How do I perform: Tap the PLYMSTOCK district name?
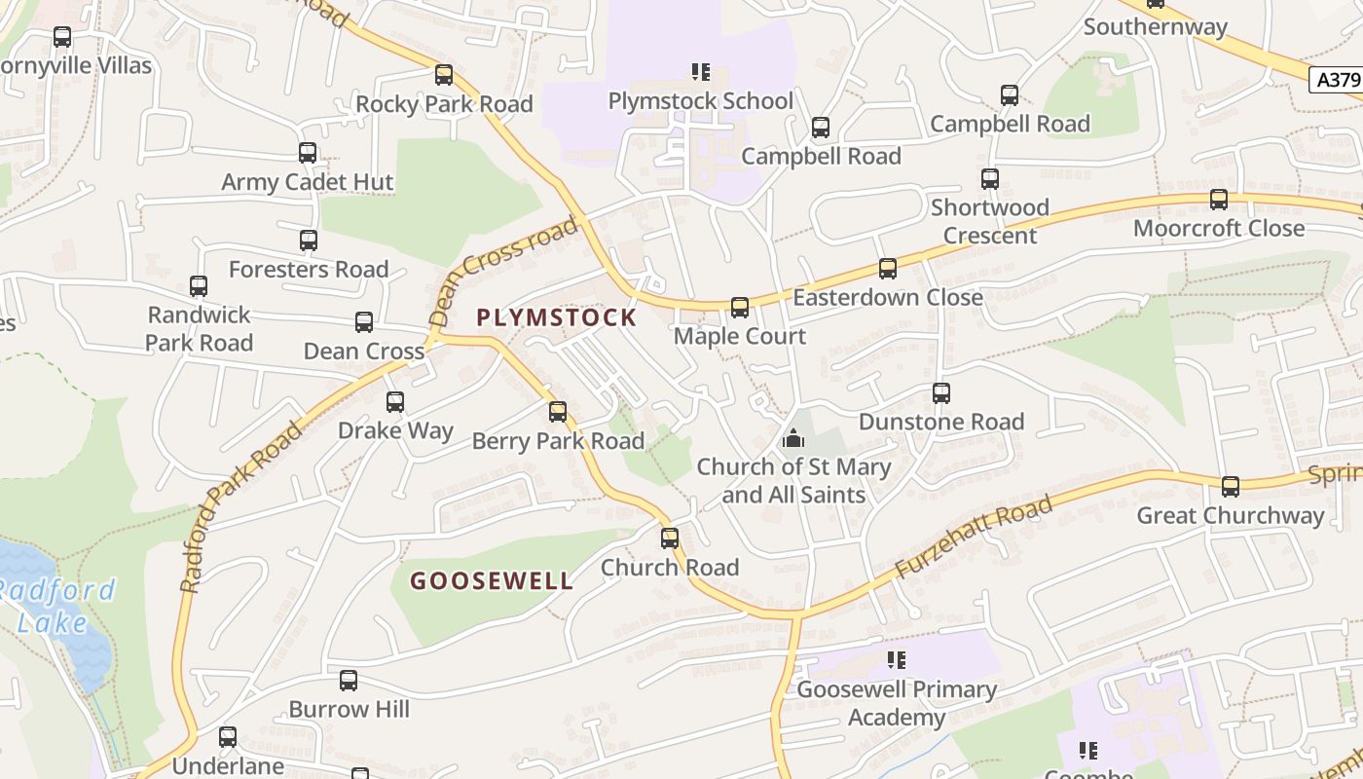click(x=557, y=317)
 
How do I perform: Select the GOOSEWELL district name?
click(x=492, y=581)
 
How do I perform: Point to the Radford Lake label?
click(x=56, y=606)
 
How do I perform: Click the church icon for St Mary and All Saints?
click(x=793, y=439)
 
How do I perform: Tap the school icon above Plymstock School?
click(x=701, y=72)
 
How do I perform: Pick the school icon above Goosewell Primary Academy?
click(x=897, y=661)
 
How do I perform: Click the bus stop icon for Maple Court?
click(x=740, y=308)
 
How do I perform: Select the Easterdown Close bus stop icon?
click(x=888, y=269)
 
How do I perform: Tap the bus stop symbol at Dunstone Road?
click(x=941, y=393)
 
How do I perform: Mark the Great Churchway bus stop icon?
click(x=1231, y=487)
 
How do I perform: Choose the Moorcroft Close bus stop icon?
click(x=1219, y=200)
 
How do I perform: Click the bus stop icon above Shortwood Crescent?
click(x=990, y=179)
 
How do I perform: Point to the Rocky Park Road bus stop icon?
click(x=444, y=75)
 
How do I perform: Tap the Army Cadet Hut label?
click(x=308, y=182)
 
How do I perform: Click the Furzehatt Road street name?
click(x=975, y=537)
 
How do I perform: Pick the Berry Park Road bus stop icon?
click(x=558, y=412)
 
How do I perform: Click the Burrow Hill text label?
click(x=349, y=709)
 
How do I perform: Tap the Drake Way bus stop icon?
click(x=395, y=401)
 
